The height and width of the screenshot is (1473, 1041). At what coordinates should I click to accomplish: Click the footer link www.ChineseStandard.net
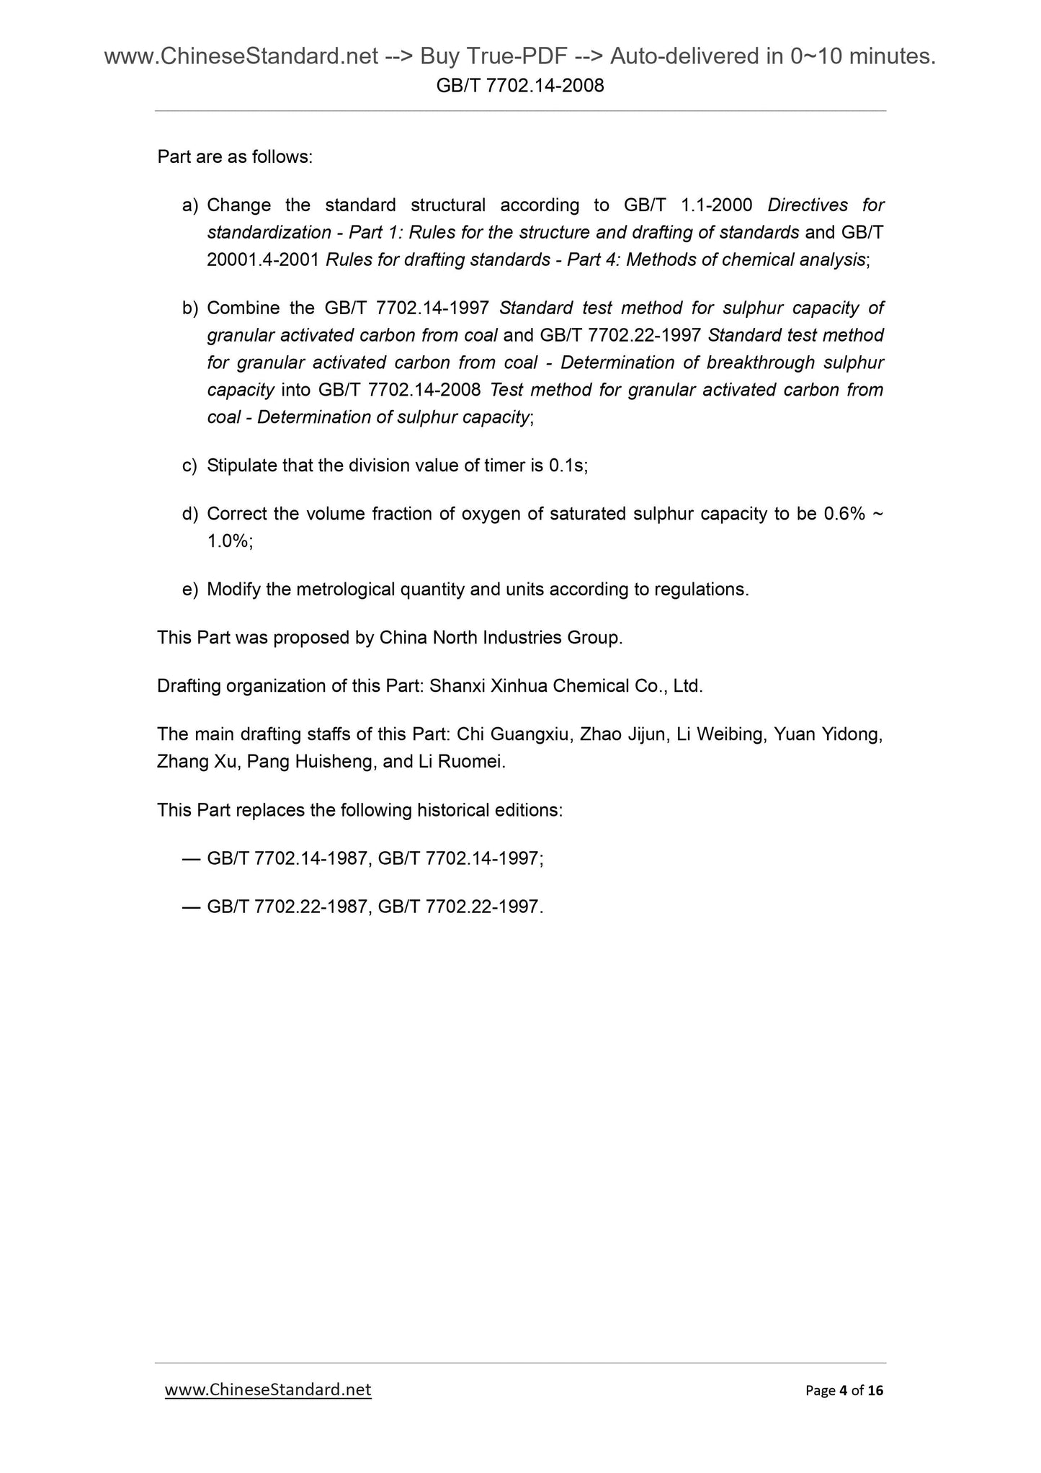click(268, 1389)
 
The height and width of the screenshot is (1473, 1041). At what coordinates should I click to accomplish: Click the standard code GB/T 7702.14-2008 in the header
click(520, 86)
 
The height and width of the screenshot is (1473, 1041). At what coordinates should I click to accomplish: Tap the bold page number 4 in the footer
click(844, 1391)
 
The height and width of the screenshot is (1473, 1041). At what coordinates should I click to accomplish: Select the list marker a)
click(190, 206)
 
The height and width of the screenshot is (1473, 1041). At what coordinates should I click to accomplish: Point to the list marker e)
click(190, 590)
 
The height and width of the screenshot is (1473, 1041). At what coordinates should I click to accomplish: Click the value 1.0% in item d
click(228, 542)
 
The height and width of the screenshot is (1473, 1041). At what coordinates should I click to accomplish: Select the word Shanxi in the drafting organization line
click(457, 686)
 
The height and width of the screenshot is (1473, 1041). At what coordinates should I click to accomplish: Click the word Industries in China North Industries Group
click(528, 638)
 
